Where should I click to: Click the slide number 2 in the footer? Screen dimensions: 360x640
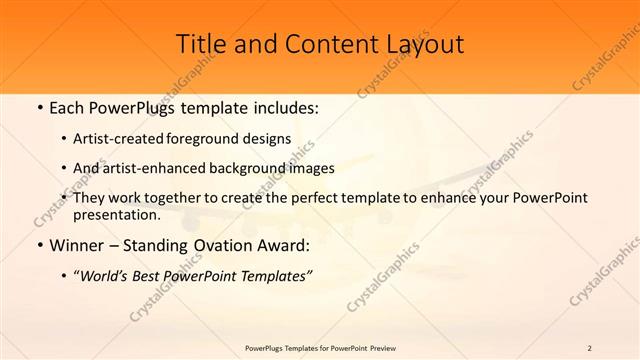coord(590,348)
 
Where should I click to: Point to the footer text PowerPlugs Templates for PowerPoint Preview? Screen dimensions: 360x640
coord(320,348)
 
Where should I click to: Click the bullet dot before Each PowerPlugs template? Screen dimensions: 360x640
coord(39,107)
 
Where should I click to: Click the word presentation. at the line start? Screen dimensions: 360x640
coord(117,214)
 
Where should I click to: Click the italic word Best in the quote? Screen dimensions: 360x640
coord(155,275)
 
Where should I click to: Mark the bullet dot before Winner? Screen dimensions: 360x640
coord(39,244)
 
